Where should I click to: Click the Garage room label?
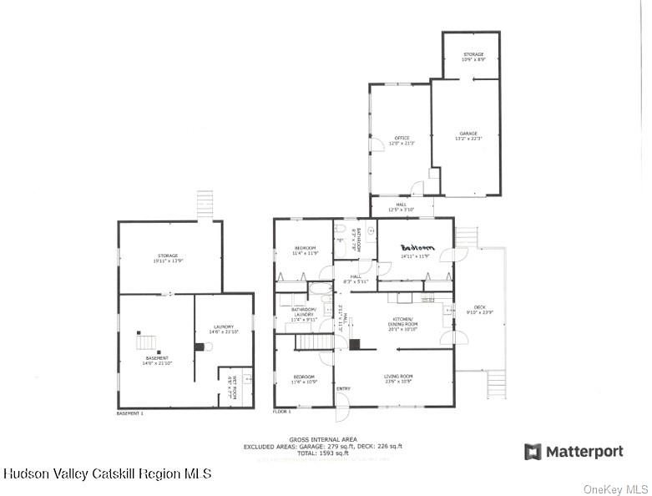(x=468, y=136)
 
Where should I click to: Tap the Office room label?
(x=402, y=140)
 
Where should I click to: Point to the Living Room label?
(x=398, y=379)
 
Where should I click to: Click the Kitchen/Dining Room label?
(x=404, y=322)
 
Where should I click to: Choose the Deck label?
(x=479, y=310)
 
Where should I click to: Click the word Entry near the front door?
(x=343, y=389)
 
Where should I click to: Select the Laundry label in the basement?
(x=223, y=329)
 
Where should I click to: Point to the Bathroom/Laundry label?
(x=303, y=315)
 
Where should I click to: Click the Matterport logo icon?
(x=532, y=452)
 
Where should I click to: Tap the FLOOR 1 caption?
(x=283, y=412)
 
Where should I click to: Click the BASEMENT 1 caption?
(x=129, y=413)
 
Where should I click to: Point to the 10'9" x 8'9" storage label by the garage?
(x=473, y=58)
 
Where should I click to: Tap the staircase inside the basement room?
(x=146, y=341)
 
